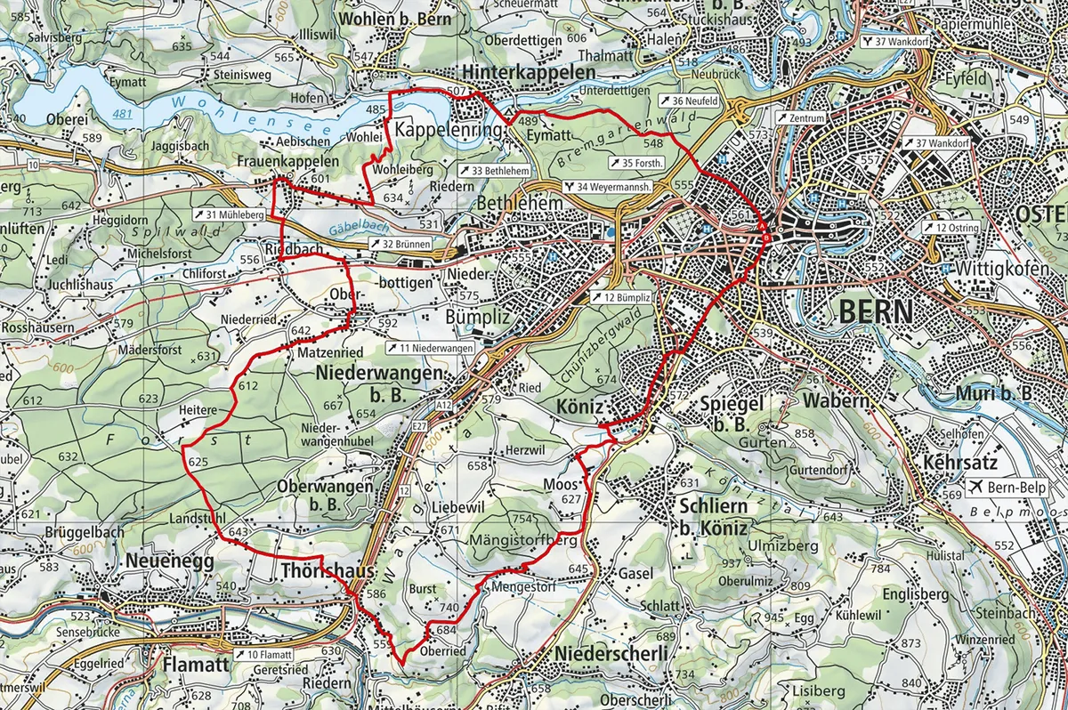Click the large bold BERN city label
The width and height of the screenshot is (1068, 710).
pyautogui.click(x=876, y=312)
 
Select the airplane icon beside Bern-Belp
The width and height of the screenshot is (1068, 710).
pyautogui.click(x=976, y=488)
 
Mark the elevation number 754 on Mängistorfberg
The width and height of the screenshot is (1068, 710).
pyautogui.click(x=522, y=519)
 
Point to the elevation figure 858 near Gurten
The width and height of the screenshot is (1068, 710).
pyautogui.click(x=804, y=433)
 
